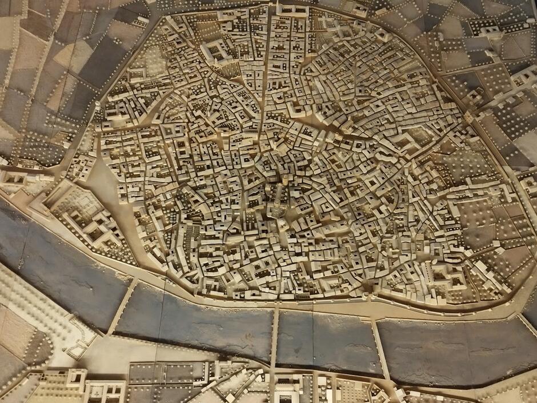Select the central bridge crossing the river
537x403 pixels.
coord(275,337)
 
